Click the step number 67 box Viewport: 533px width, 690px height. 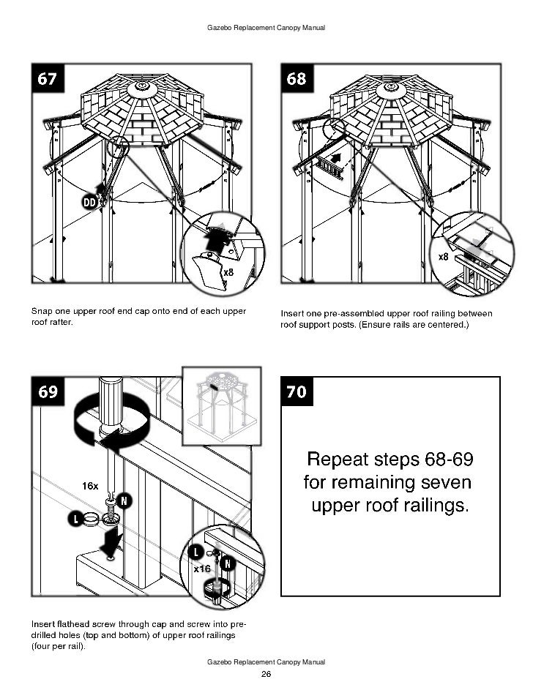(x=48, y=79)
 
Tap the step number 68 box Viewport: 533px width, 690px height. (x=297, y=79)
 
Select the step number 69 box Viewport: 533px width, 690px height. (x=48, y=392)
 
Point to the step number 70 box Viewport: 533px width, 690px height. (x=297, y=392)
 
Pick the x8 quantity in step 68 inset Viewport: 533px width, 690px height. (x=444, y=257)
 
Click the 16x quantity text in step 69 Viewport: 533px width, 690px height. (x=90, y=485)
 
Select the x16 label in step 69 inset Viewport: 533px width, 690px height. (x=202, y=569)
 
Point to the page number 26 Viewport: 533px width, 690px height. (x=266, y=674)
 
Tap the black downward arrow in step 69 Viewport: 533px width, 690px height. (x=110, y=542)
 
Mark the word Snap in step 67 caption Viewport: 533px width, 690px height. (x=41, y=312)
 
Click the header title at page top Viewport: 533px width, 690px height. (x=266, y=28)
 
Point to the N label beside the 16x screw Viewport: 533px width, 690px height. (x=124, y=501)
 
